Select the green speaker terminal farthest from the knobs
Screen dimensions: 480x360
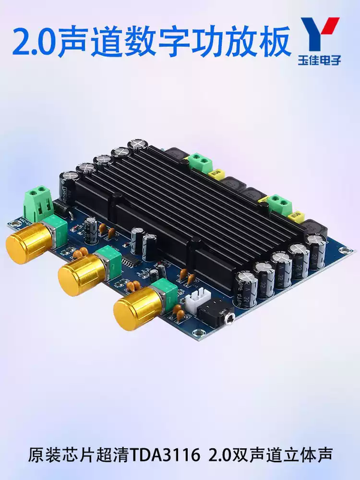pyautogui.click(x=199, y=161)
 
